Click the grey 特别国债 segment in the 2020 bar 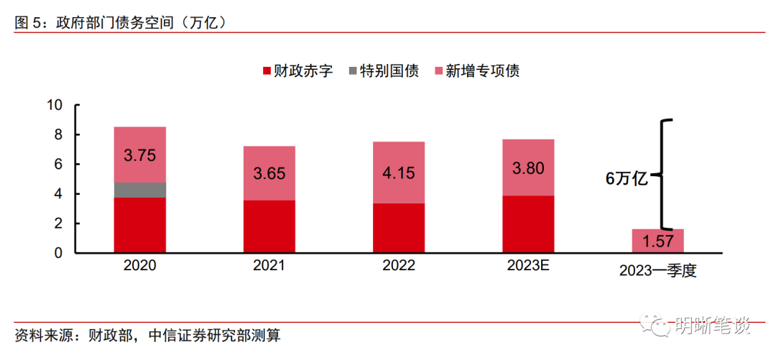click(x=139, y=190)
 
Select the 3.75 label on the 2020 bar click(x=139, y=155)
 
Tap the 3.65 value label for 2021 click(x=269, y=173)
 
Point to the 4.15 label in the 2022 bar click(x=398, y=173)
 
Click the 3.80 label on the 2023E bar click(x=527, y=168)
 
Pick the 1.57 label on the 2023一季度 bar click(x=657, y=241)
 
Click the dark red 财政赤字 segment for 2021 click(x=269, y=226)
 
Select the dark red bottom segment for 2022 click(x=398, y=228)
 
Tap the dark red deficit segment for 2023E click(x=527, y=224)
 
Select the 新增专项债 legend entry click(x=476, y=71)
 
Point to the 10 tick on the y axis click(x=55, y=106)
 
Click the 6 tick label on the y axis click(x=60, y=165)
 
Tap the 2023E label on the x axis click(x=527, y=266)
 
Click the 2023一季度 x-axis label click(x=657, y=272)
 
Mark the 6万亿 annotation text click(x=627, y=179)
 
